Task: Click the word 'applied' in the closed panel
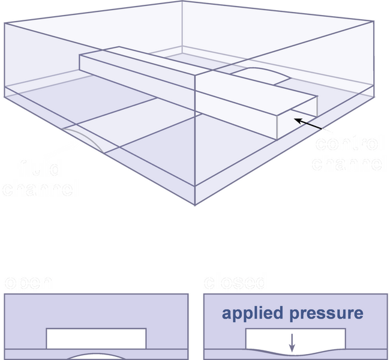[x=250, y=313]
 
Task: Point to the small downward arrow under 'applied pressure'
[x=292, y=343]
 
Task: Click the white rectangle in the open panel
[x=96, y=338]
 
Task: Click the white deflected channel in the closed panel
[x=294, y=337]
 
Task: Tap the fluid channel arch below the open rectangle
[x=96, y=356]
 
